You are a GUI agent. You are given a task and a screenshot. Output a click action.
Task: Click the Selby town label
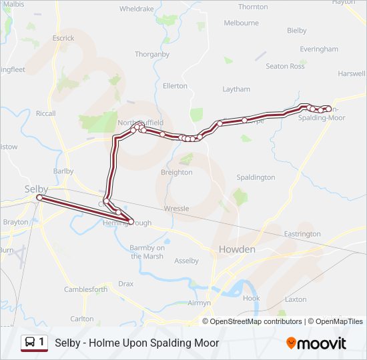[37, 189]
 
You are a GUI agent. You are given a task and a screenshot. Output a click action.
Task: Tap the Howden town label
[237, 249]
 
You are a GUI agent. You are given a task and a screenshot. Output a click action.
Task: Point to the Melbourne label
[241, 23]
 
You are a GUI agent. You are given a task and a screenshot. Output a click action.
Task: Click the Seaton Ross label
[285, 66]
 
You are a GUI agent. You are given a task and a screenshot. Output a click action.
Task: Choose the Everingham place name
[319, 49]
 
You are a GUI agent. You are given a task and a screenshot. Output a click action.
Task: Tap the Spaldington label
[256, 177]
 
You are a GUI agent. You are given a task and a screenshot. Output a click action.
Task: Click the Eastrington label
[302, 234]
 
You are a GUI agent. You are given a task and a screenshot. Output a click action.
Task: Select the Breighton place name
[176, 172]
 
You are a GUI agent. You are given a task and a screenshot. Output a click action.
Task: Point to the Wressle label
[176, 209]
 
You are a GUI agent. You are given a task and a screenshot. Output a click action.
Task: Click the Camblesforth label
[85, 289]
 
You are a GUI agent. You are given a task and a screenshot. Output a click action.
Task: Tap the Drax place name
[125, 283]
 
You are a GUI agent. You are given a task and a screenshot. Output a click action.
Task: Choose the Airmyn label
[200, 303]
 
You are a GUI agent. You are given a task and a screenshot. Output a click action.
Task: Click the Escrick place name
[63, 38]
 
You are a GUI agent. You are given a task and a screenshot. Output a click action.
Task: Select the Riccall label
[46, 113]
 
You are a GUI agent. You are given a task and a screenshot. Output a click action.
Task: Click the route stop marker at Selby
[39, 198]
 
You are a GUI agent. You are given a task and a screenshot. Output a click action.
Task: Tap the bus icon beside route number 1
[30, 343]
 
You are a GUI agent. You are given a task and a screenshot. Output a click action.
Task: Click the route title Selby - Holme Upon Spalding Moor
[137, 343]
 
